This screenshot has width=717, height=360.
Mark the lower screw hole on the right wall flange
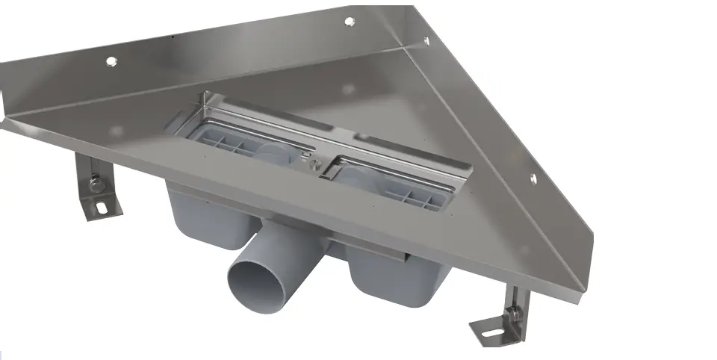point(532,178)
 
